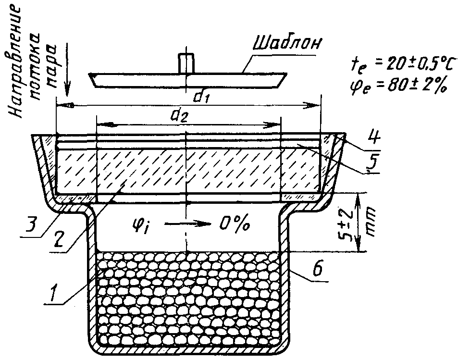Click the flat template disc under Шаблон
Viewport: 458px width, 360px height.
[x=188, y=80]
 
